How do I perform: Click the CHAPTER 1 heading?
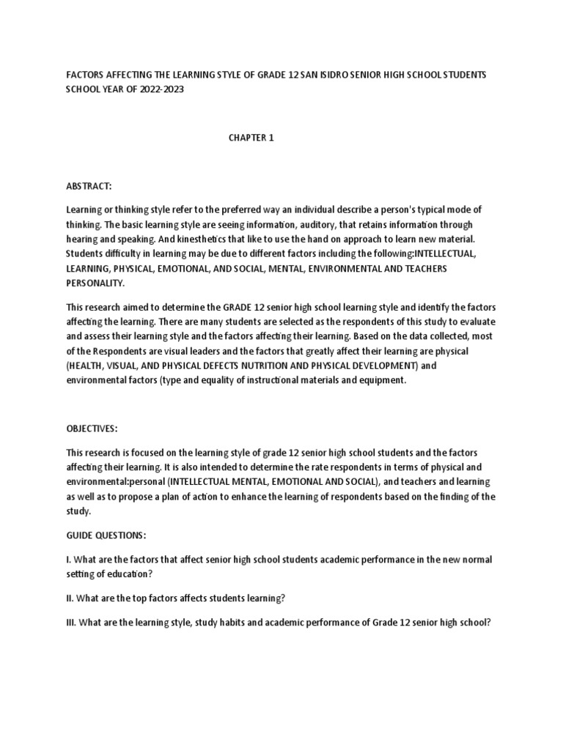coord(250,138)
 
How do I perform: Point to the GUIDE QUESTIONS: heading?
coord(106,536)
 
